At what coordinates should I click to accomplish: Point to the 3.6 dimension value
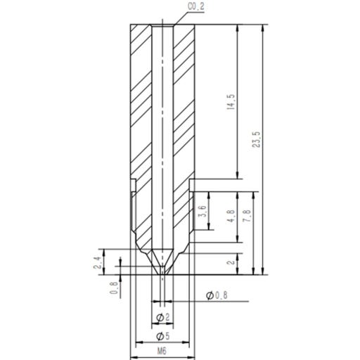point(203,212)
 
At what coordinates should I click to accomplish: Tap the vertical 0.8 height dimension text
point(115,288)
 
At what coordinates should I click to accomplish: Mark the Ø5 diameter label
point(162,335)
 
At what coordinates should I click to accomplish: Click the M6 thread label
point(162,352)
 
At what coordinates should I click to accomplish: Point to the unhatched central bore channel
point(162,141)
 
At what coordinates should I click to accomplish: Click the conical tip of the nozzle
point(162,262)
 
